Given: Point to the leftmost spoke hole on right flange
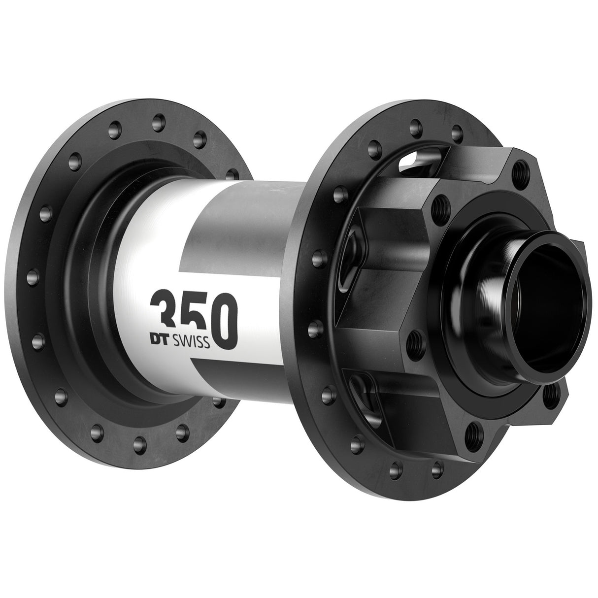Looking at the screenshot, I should (x=316, y=258).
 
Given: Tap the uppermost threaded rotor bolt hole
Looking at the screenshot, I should (x=518, y=172).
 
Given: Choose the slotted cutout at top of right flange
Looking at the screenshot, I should (x=409, y=162).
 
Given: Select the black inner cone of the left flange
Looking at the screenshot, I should (x=106, y=276).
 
